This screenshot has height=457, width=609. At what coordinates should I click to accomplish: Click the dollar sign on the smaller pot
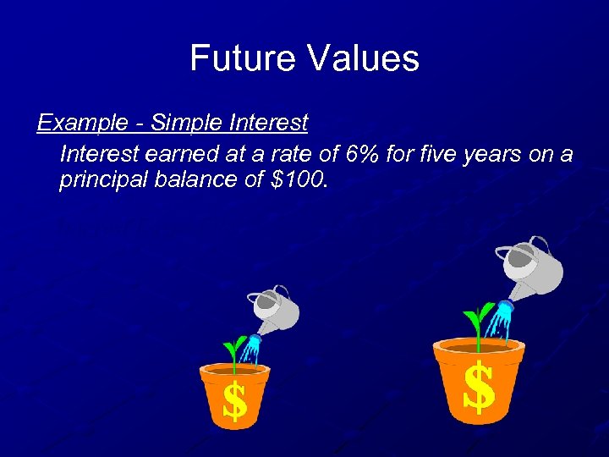(234, 401)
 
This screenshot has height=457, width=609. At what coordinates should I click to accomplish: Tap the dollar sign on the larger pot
(479, 387)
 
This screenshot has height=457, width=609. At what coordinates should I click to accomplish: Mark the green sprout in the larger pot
(477, 322)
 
